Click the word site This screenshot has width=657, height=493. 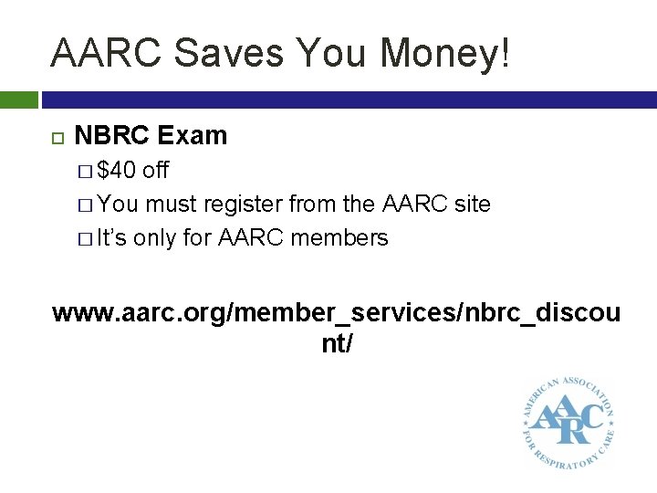472,205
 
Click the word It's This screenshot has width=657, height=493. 112,238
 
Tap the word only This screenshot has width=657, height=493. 156,238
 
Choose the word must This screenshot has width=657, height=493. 172,205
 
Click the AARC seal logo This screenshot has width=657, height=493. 567,418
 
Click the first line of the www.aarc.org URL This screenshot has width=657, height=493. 337,313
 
